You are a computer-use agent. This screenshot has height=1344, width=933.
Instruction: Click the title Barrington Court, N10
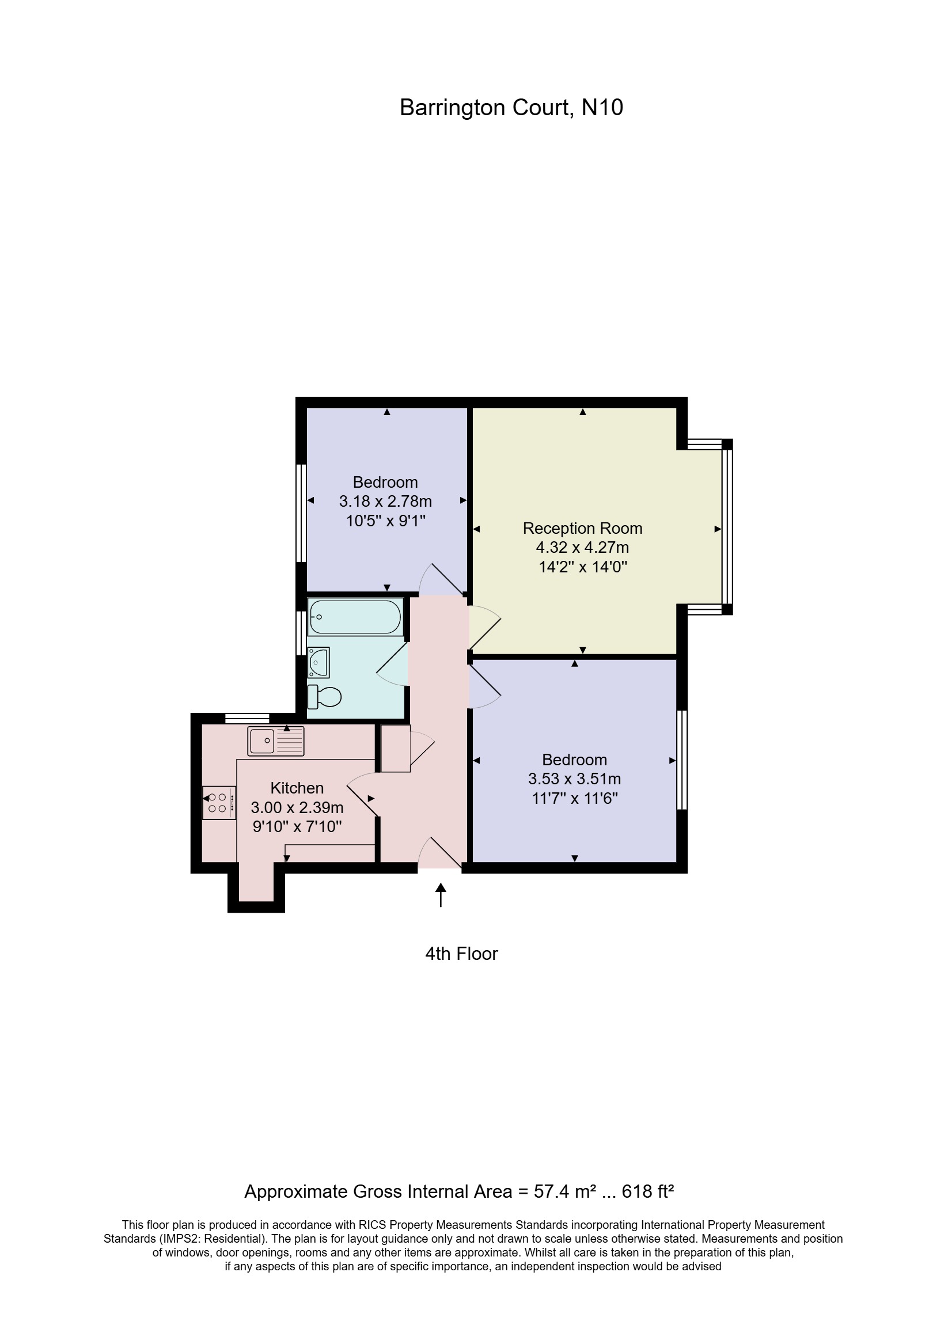tap(511, 108)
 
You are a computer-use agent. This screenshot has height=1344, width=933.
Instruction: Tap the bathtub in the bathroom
tap(355, 617)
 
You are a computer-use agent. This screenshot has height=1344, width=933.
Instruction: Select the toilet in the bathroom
tap(325, 696)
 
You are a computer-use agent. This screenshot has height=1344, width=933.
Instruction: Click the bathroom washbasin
tap(318, 662)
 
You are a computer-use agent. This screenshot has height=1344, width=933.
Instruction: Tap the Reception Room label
tap(582, 528)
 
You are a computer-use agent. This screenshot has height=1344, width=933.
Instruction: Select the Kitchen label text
tap(297, 788)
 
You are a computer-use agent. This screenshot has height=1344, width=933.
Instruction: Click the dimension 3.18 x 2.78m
tap(385, 502)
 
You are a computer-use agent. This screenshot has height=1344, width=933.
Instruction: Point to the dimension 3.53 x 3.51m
tap(574, 779)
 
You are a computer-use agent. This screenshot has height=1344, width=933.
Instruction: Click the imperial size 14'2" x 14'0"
tap(582, 567)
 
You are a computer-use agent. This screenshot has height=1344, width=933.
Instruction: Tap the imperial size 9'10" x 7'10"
tap(297, 826)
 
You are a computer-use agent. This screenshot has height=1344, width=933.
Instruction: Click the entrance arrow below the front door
tap(441, 895)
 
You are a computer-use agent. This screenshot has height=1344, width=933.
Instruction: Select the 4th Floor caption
tap(461, 954)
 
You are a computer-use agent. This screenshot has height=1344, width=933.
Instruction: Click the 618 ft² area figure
tap(648, 1191)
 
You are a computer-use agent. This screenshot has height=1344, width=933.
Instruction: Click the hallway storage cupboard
tap(395, 749)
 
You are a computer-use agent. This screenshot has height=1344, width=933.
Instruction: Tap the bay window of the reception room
tap(727, 527)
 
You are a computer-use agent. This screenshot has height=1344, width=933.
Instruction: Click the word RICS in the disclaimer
tap(373, 1225)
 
